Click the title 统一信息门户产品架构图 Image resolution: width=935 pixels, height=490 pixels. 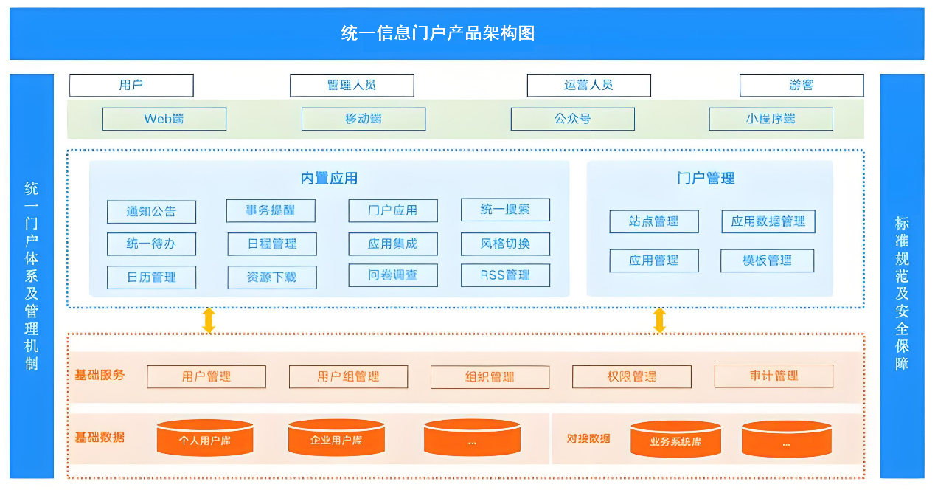coord(438,33)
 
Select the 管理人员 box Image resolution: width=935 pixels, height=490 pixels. coord(352,85)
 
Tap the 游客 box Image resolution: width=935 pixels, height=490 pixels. coord(802,85)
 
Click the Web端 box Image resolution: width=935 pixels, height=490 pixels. coord(164,119)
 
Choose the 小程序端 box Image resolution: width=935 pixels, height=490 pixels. coord(771,119)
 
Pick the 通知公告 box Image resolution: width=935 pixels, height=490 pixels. coord(151,212)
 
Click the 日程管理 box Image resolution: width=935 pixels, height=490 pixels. coord(271,244)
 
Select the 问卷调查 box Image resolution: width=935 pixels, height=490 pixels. coord(393,275)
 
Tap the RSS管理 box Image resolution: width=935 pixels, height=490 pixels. coord(505,275)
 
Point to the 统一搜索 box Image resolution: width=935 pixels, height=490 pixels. coord(505,210)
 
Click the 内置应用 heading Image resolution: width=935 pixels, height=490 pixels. coord(329,178)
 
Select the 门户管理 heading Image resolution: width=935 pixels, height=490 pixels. coord(706,178)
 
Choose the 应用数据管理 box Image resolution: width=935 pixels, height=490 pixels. coord(768,221)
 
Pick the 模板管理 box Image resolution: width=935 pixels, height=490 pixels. coord(767,260)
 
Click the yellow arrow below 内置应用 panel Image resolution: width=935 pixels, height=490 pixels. coord(209,320)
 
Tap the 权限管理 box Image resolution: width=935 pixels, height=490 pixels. coord(632,376)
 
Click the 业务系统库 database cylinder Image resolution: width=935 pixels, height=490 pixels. coord(675,440)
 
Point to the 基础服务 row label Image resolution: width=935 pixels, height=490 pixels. coord(100,375)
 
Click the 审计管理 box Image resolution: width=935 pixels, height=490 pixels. coord(774,376)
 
